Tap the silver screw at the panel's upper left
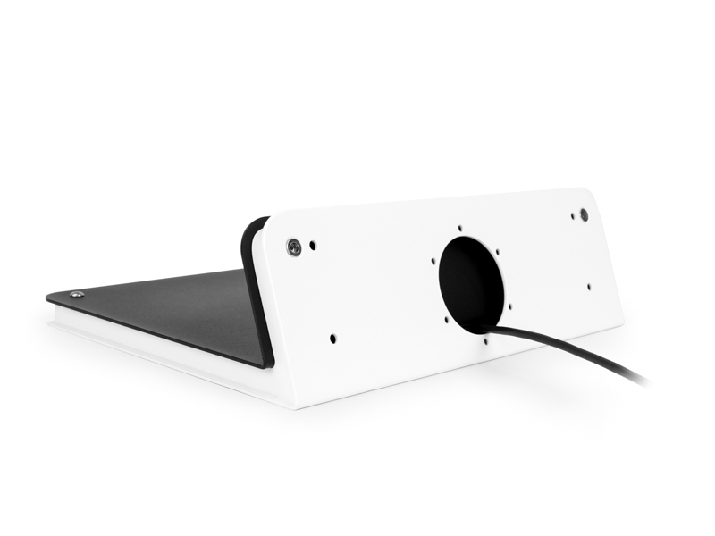(293, 247)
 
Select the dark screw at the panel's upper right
(584, 214)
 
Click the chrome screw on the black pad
(78, 294)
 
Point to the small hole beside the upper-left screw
(312, 244)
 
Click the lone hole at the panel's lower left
(332, 339)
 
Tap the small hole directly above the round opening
(459, 228)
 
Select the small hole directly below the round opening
(485, 339)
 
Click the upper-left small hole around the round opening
(433, 263)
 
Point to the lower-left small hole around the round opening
(445, 318)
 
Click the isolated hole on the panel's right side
(588, 287)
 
